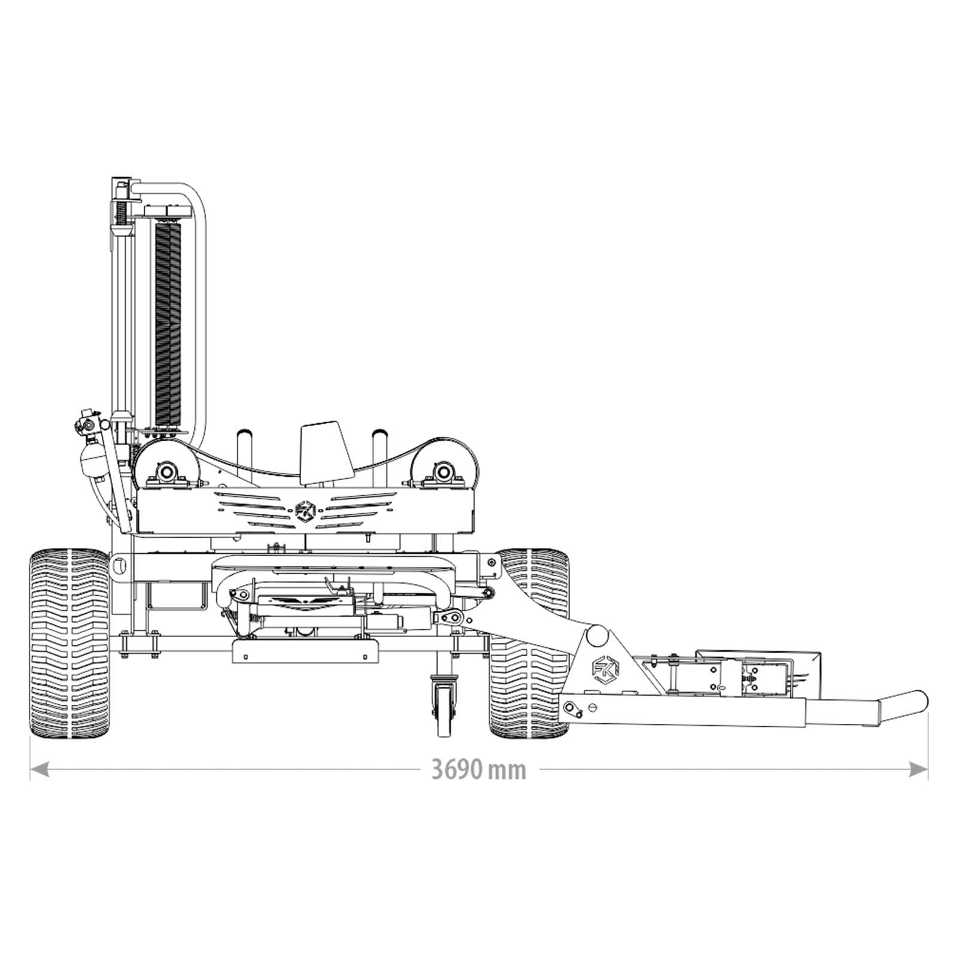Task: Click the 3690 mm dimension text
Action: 478,769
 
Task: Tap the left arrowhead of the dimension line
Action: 38,769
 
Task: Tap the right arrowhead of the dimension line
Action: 918,769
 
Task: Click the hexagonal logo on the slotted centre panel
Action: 305,511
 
